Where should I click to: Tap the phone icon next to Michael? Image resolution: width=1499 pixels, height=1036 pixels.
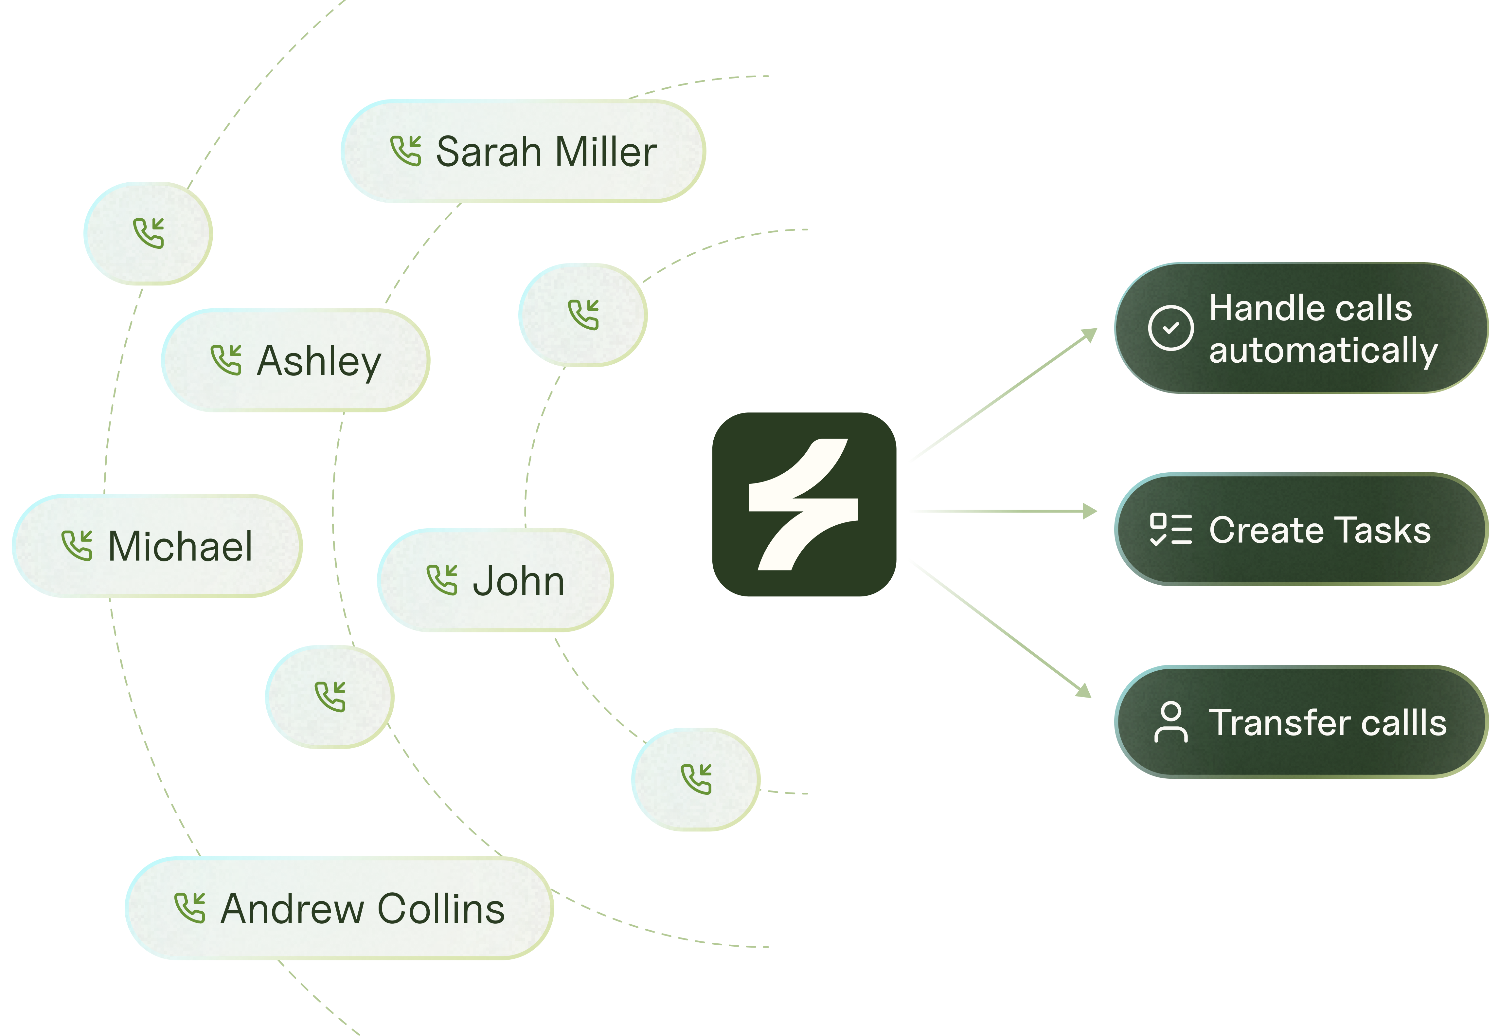click(77, 545)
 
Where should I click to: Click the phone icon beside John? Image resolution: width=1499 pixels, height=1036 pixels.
click(442, 580)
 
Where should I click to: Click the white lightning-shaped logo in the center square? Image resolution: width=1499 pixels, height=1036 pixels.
click(803, 504)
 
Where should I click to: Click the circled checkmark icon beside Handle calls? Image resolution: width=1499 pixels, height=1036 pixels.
click(1170, 328)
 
